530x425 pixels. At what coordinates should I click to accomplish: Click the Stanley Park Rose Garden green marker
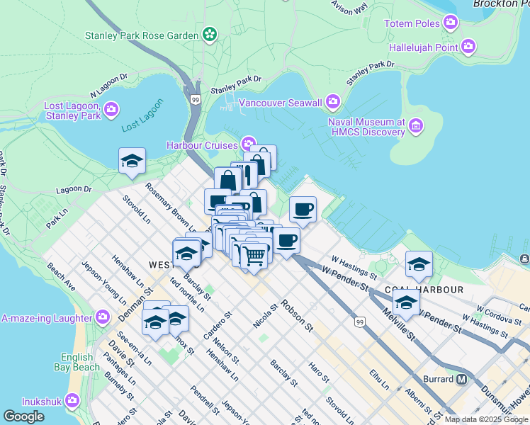[209, 34]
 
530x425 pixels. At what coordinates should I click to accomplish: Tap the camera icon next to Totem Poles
[451, 23]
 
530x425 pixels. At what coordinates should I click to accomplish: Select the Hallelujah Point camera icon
[468, 47]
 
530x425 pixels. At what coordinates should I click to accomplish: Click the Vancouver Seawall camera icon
[333, 103]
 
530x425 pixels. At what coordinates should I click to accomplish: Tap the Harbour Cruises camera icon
[249, 144]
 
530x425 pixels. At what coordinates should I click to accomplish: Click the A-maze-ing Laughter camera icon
[103, 316]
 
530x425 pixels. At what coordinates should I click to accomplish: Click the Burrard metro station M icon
[462, 379]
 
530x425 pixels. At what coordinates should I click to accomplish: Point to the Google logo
[24, 416]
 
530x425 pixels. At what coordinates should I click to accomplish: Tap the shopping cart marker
[254, 254]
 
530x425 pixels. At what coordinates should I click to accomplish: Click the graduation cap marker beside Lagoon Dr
[132, 161]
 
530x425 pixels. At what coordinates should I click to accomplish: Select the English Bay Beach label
[77, 362]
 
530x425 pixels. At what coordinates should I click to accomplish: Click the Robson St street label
[297, 315]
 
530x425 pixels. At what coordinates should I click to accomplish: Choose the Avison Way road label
[350, 7]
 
